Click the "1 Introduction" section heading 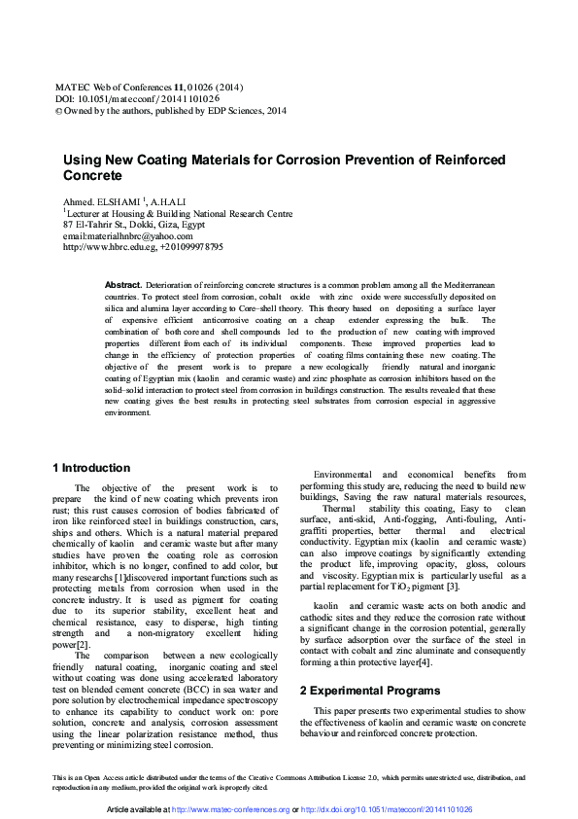click(90, 468)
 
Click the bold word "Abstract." click(123, 284)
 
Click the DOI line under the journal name click(136, 98)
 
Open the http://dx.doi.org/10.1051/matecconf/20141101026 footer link click(387, 809)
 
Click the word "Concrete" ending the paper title click(93, 176)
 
